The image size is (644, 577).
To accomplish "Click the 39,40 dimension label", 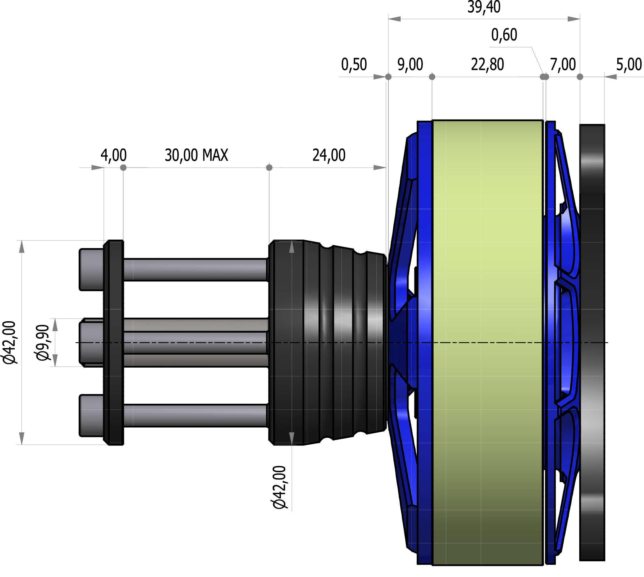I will pos(484,7).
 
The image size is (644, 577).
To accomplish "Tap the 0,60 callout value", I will pos(504,35).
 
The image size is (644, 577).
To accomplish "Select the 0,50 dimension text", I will pos(354,65).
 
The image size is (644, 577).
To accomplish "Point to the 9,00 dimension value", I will pos(410,65).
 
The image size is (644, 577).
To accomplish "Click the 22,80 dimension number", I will pos(487,65).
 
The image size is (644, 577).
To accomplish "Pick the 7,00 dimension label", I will pos(563,65).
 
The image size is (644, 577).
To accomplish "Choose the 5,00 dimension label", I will pos(629,65).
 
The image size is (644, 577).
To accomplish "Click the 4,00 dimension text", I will pos(114,155).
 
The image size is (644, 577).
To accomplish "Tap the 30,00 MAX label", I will pos(196,155).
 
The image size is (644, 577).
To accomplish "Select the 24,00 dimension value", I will pos(329,155).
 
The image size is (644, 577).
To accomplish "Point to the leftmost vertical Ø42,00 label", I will pos(9,343).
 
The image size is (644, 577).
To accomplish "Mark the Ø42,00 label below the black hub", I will pos(279,487).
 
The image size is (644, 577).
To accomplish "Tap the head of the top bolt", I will pos(91,269).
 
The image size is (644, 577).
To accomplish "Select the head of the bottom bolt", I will pos(91,416).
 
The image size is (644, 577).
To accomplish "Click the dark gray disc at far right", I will pos(592,342).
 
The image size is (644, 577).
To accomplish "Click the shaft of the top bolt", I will pos(195,270).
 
